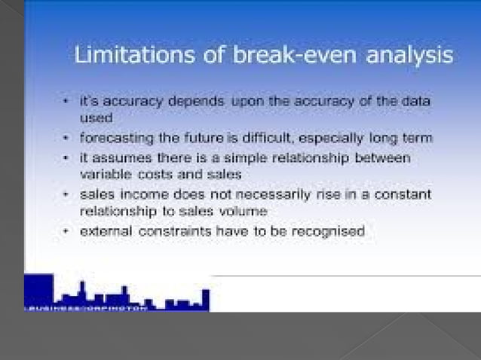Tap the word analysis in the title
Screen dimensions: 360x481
pyautogui.click(x=408, y=56)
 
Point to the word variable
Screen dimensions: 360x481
pyautogui.click(x=105, y=174)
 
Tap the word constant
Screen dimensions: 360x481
pyautogui.click(x=402, y=194)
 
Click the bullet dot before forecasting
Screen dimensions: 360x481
pyautogui.click(x=67, y=139)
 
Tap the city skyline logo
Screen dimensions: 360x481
pyautogui.click(x=117, y=294)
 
